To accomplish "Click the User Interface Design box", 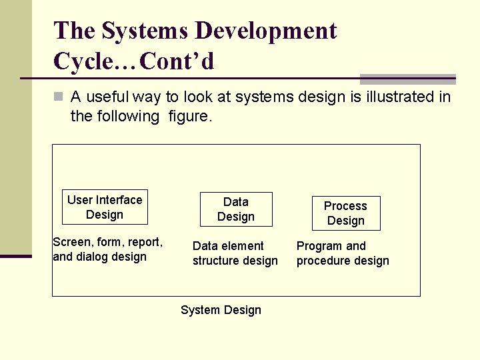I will point(105,207).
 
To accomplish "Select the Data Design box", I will point(236,209).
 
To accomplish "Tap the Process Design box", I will point(345,213).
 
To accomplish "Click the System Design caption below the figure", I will point(221,310).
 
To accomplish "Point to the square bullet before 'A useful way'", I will point(59,97).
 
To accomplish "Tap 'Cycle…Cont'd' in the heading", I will point(134,61).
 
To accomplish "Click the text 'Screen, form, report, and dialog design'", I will point(107,249).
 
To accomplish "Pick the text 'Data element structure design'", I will point(235,253).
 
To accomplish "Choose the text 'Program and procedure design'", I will point(342,253).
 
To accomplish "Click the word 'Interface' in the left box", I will point(119,200).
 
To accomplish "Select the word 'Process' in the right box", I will point(345,206).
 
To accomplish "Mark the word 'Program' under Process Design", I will point(319,246).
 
